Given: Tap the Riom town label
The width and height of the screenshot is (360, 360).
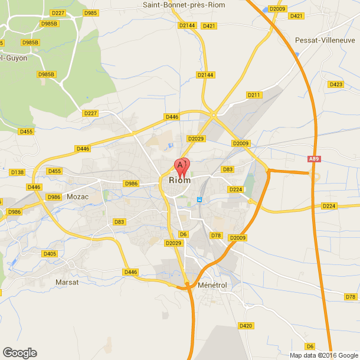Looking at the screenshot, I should point(179,181).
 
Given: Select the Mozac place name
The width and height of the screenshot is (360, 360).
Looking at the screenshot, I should point(77,197).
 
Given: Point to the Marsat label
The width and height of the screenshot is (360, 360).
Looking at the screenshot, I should point(67,283).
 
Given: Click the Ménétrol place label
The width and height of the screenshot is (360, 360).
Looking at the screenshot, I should point(213,285).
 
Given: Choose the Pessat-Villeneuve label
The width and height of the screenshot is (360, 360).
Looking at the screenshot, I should point(325,40).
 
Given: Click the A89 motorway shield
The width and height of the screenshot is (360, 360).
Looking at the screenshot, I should point(315,159).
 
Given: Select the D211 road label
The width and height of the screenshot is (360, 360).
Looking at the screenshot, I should point(254,95).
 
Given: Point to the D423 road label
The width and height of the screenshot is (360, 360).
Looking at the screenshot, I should point(336,84).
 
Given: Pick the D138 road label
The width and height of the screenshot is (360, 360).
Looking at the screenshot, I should point(18,172).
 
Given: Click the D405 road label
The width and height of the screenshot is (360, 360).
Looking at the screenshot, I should point(50,254).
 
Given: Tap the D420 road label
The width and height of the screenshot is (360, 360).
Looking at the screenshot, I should point(246,325).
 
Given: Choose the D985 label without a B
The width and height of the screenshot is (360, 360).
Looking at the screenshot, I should point(91,12).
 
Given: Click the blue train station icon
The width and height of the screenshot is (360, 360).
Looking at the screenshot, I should point(199,199).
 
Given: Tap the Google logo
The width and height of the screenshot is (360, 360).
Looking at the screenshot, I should point(19,353).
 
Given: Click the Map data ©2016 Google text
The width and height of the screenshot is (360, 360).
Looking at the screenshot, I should point(323,355).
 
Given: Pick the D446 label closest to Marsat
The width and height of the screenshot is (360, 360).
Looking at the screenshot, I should point(130,271).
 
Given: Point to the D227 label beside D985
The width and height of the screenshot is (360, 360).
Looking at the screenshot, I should point(58,12).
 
